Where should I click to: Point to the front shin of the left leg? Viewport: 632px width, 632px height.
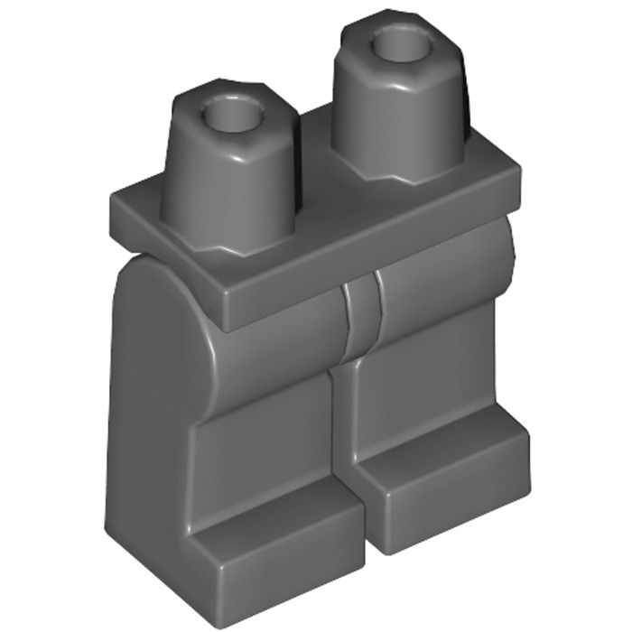[266, 433]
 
